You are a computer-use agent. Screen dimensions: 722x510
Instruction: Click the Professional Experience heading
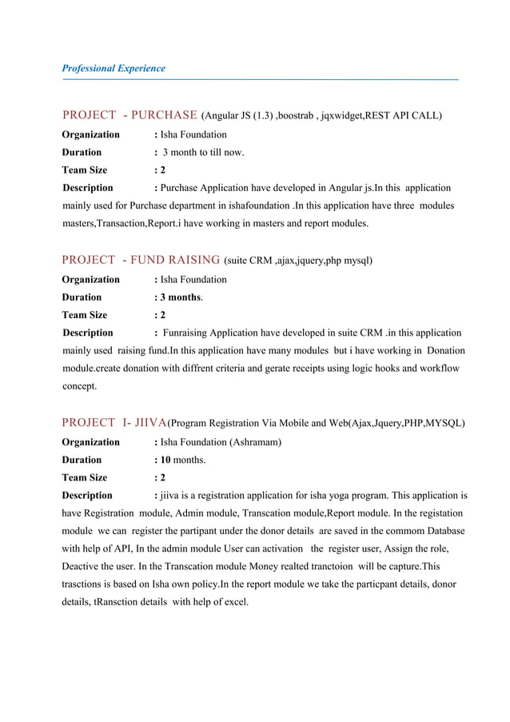(114, 68)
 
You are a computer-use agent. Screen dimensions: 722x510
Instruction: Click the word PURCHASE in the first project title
(164, 115)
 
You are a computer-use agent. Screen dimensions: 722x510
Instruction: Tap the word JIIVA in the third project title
(149, 422)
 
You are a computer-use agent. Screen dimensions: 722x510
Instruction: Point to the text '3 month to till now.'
(203, 152)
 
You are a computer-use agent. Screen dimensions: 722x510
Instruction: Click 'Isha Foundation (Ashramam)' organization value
(221, 441)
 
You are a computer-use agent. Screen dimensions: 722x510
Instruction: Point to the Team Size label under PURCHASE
(85, 170)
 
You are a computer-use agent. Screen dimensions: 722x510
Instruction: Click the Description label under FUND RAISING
(88, 332)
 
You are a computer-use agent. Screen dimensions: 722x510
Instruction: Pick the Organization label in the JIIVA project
(91, 441)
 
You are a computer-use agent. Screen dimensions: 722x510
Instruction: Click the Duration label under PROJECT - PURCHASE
(82, 152)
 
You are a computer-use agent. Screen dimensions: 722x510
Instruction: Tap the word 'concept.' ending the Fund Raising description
(80, 385)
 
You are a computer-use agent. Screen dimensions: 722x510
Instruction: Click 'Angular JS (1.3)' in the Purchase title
(239, 116)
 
